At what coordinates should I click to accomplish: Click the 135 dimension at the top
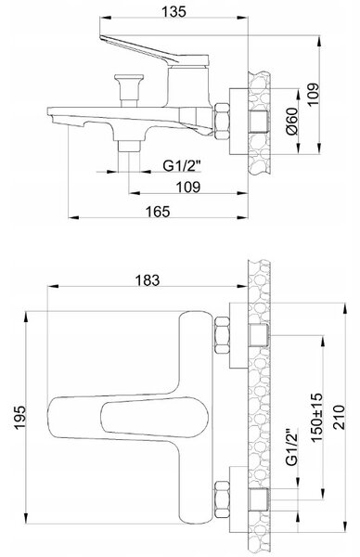[174, 11]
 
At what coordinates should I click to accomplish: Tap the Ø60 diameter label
[292, 121]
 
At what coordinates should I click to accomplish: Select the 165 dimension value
[158, 212]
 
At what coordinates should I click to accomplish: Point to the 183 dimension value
[148, 280]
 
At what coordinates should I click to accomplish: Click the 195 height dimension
[19, 417]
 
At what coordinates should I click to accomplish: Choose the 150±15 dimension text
[316, 417]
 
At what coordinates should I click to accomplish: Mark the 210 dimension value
[339, 417]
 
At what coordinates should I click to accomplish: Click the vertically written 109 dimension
[313, 95]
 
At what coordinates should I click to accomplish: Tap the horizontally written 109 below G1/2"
[188, 188]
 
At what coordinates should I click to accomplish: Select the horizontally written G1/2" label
[182, 165]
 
